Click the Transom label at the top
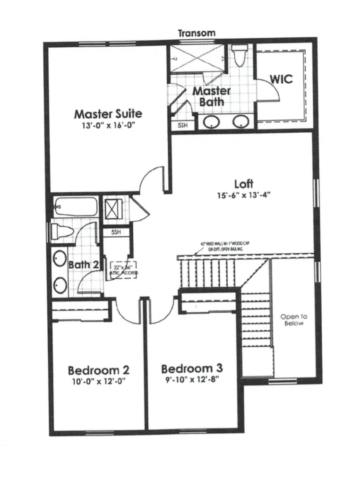click(197, 33)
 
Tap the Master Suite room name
click(108, 114)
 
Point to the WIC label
click(281, 78)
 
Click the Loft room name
click(244, 183)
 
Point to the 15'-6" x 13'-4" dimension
click(244, 195)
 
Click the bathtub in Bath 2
click(76, 207)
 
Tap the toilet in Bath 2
click(62, 231)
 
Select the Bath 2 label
click(83, 265)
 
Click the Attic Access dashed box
click(123, 271)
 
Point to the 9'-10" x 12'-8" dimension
click(192, 379)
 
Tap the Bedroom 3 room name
click(192, 368)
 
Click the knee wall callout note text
click(219, 247)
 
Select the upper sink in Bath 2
click(60, 259)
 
